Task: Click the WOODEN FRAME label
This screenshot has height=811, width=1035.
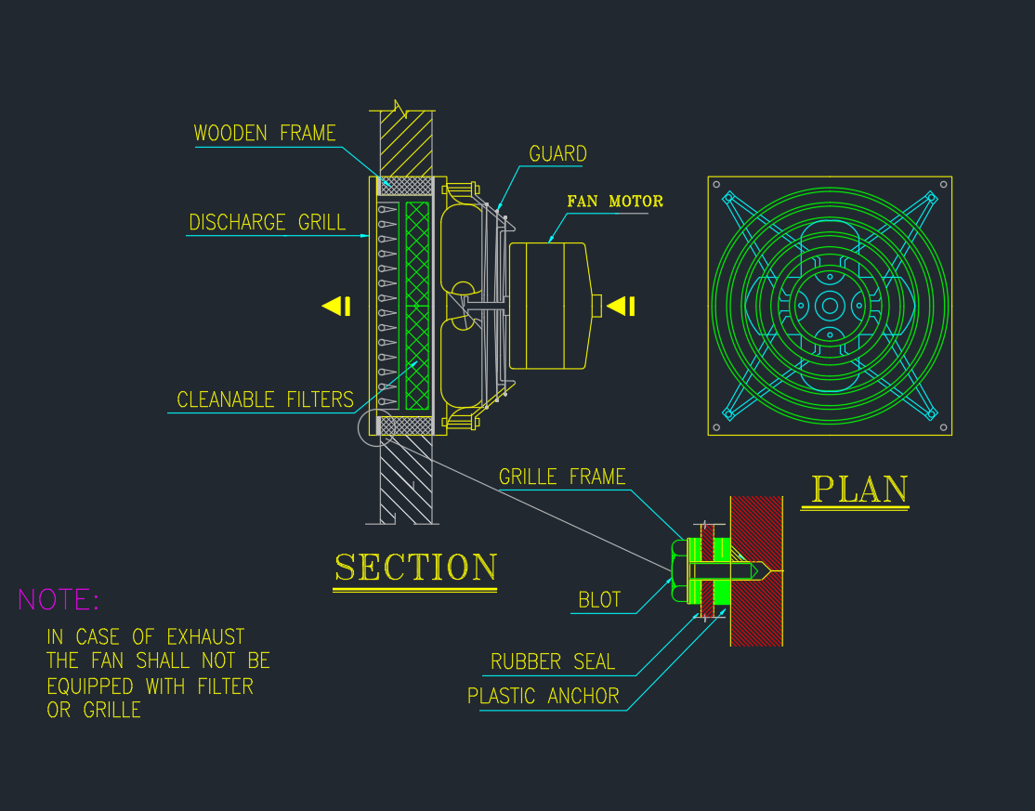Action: pyautogui.click(x=265, y=133)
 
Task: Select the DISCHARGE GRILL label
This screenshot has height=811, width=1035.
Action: pyautogui.click(x=267, y=223)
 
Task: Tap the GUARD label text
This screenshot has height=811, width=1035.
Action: pyautogui.click(x=557, y=154)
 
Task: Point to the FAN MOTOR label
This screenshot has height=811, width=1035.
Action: pyautogui.click(x=615, y=201)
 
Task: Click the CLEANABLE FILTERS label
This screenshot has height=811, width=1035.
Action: pyautogui.click(x=265, y=399)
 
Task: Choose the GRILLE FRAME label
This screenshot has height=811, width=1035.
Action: pyautogui.click(x=562, y=477)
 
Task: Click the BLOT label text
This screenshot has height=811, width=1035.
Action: pyautogui.click(x=599, y=600)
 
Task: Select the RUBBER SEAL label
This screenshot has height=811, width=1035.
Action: pyautogui.click(x=553, y=662)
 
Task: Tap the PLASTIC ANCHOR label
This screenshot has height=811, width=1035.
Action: pyautogui.click(x=543, y=696)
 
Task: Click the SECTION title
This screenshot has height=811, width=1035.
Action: pyautogui.click(x=415, y=568)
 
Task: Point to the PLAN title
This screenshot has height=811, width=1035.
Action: pyautogui.click(x=859, y=490)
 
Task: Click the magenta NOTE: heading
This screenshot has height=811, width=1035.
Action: pyautogui.click(x=58, y=600)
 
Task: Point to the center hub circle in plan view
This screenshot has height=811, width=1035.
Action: pyautogui.click(x=830, y=306)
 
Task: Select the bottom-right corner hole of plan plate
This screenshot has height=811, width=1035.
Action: pyautogui.click(x=944, y=427)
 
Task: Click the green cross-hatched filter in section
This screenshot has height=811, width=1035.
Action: pyautogui.click(x=418, y=307)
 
